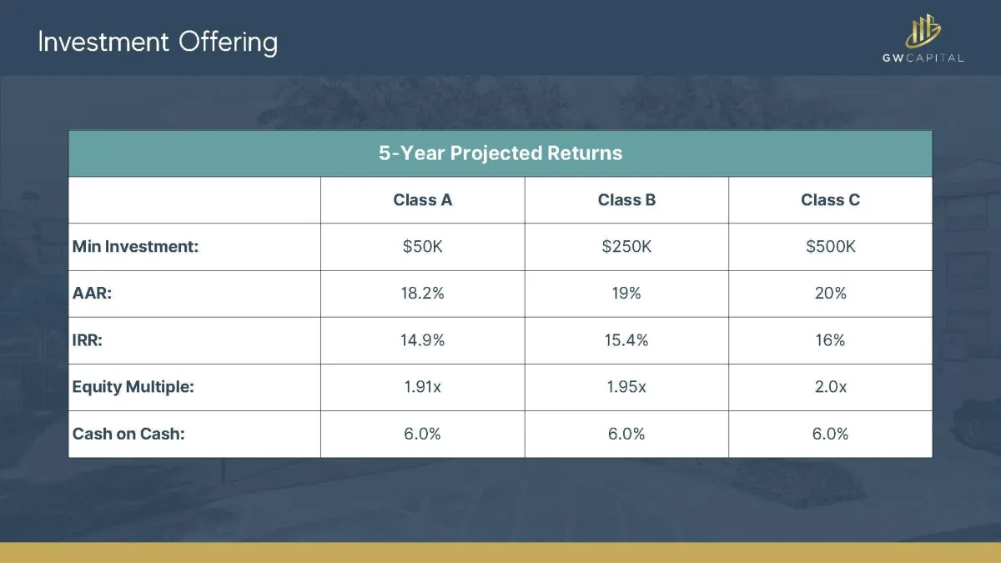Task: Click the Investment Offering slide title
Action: (158, 43)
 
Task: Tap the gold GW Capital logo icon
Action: (923, 31)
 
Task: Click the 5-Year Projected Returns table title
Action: (500, 153)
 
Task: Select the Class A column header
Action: (422, 199)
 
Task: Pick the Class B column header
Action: (626, 199)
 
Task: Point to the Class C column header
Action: (830, 199)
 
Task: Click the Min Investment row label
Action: (135, 247)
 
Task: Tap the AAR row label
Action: (92, 294)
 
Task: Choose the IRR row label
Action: (87, 340)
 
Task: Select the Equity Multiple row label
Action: (133, 387)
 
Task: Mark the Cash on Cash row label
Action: (128, 434)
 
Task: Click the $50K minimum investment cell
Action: (422, 247)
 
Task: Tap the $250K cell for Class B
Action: (626, 247)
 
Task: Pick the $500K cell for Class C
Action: (830, 247)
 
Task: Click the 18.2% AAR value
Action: (422, 294)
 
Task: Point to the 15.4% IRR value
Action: (626, 340)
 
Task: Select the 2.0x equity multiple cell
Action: (830, 387)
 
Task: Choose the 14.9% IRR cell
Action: (422, 340)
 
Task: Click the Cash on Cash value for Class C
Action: (830, 434)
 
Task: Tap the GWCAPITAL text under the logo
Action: (923, 58)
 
